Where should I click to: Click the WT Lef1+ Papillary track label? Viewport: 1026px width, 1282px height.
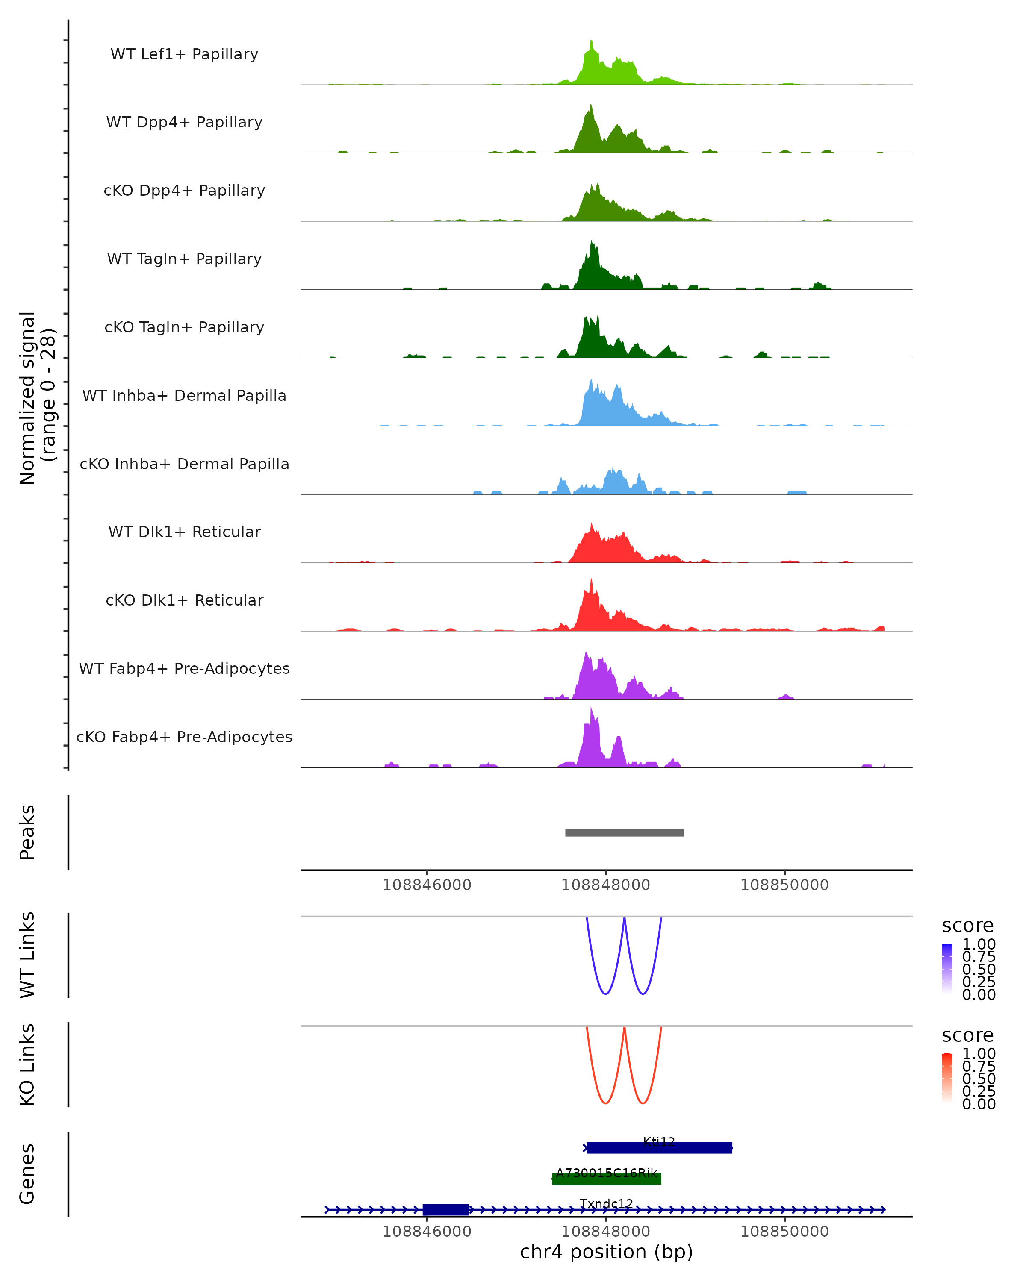point(184,54)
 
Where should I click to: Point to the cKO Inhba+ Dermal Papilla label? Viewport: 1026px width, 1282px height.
point(184,464)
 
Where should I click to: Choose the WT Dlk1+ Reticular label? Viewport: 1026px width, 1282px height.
point(184,532)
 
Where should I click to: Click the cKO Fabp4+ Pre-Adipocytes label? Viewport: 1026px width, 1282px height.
point(184,737)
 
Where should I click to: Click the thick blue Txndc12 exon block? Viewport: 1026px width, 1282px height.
point(445,1209)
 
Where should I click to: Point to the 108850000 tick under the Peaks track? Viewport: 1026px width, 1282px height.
point(784,885)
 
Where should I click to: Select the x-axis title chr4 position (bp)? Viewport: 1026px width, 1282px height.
point(606,1252)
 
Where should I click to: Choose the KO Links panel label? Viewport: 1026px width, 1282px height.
point(27,1064)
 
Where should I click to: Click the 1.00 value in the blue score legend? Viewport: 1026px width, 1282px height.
point(979,944)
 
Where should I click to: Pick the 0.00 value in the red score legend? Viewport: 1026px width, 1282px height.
point(979,1104)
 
